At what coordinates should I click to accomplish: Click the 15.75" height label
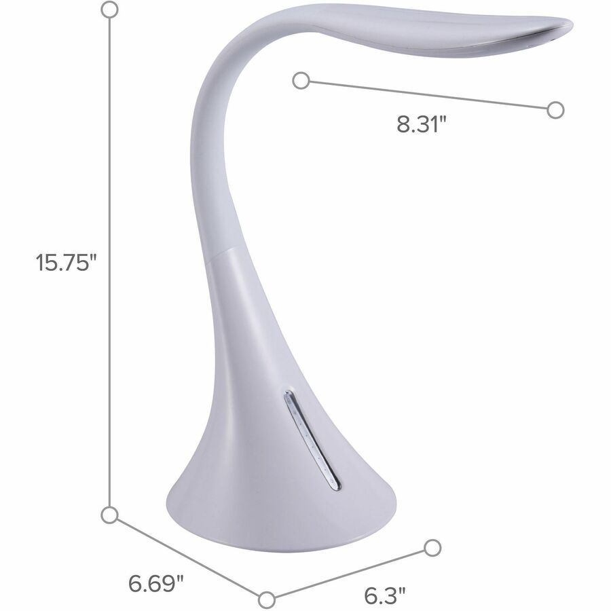(66, 262)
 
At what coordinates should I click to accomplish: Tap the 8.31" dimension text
(422, 125)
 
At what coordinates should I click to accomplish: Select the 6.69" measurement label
(156, 583)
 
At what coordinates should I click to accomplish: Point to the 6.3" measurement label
(385, 595)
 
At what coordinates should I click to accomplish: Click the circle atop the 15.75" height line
(109, 10)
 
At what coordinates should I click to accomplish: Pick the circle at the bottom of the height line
(109, 515)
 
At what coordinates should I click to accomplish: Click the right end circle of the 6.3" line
(432, 548)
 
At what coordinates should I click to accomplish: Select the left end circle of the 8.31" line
(301, 81)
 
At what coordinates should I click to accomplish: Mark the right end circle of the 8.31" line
(555, 110)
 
